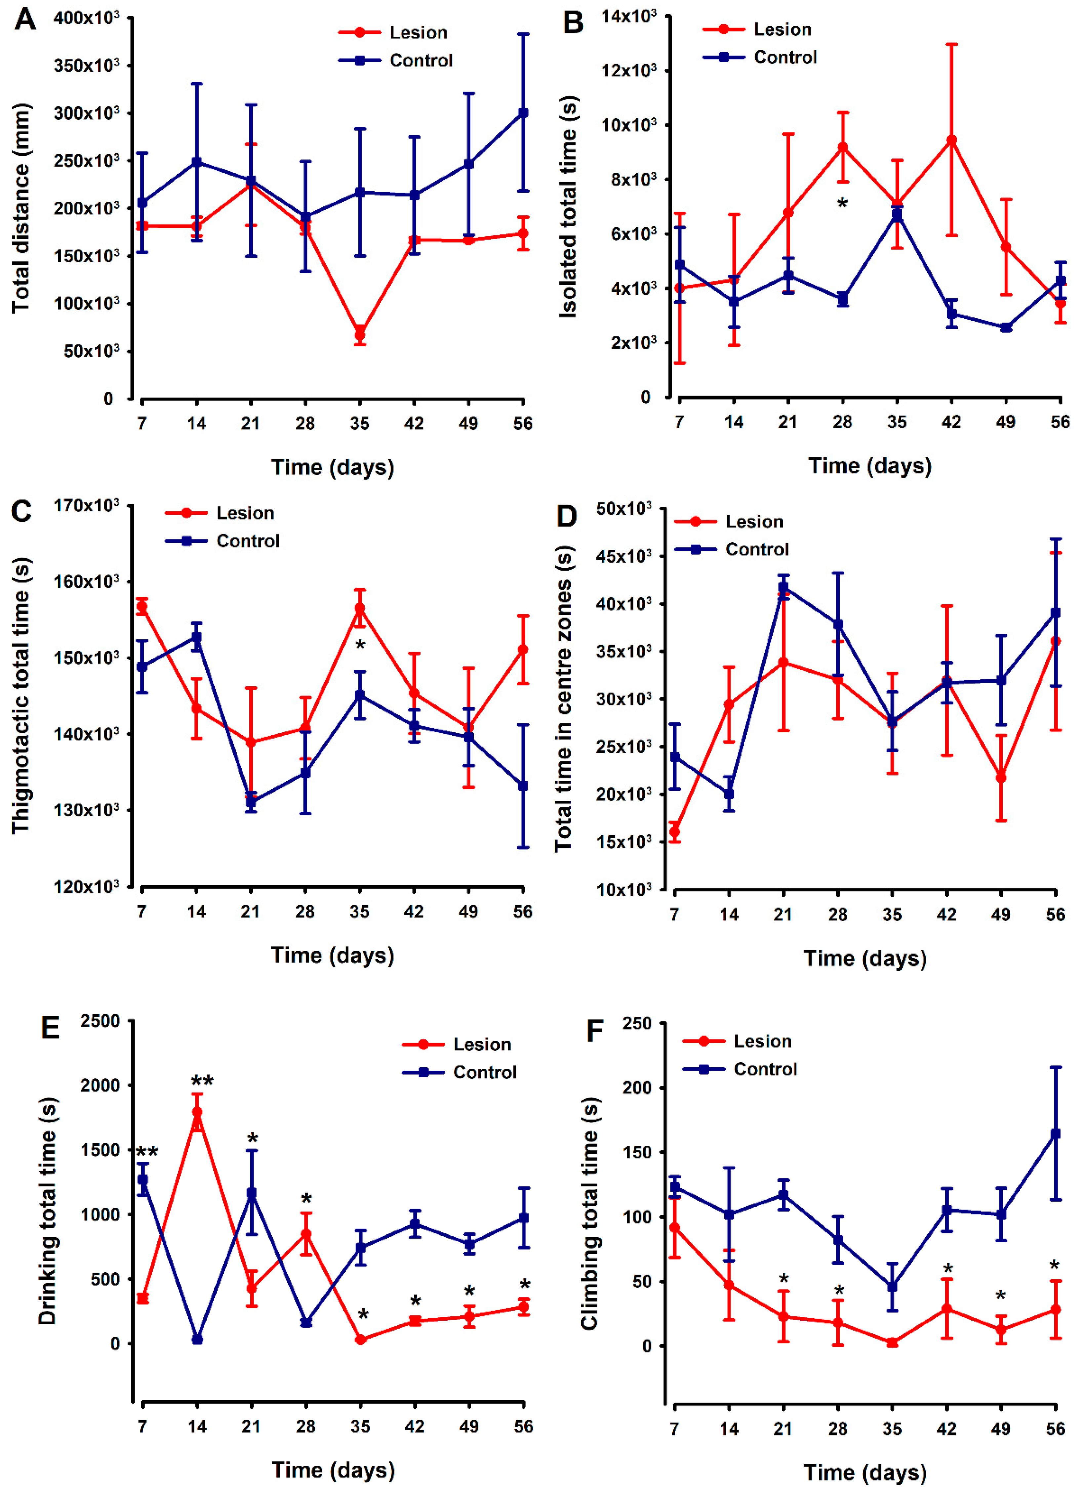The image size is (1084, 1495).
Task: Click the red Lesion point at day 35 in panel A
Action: [360, 334]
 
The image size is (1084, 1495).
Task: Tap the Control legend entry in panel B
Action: [784, 58]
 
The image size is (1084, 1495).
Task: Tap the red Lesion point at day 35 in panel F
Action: [892, 1343]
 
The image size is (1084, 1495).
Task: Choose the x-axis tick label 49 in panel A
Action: [468, 423]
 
